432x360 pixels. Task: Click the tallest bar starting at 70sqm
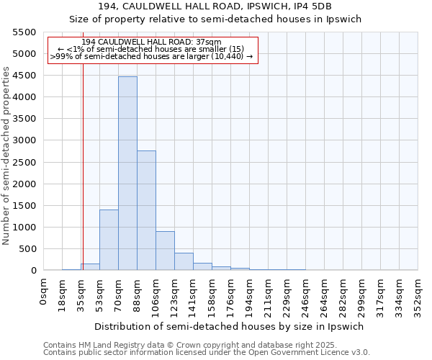(127, 173)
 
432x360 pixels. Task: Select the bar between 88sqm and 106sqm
(146, 210)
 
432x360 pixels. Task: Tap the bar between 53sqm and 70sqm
(109, 240)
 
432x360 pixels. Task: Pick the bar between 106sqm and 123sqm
(165, 251)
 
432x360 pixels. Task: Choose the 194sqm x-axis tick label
(250, 293)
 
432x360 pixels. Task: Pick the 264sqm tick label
(325, 293)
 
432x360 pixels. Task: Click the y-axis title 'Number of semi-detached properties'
(6, 156)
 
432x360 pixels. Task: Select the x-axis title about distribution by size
(228, 326)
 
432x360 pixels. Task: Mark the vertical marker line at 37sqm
(83, 158)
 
